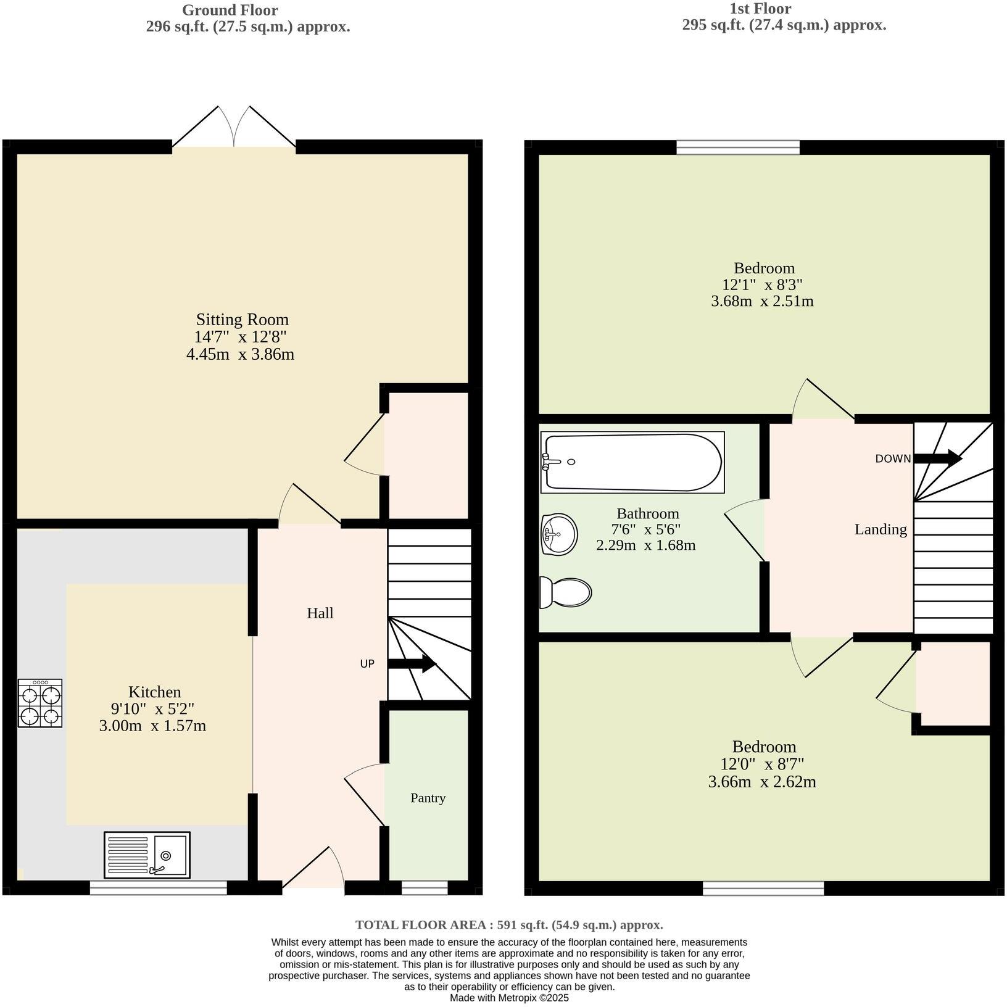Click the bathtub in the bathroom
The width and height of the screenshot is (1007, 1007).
coord(632,462)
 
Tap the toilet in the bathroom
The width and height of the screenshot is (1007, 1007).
coord(566,592)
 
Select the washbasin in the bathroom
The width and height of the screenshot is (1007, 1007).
coord(559,534)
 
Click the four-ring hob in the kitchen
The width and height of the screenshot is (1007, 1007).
coord(41,703)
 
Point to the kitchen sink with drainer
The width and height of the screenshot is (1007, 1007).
coord(147,855)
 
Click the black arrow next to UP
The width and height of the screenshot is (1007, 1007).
coord(412,664)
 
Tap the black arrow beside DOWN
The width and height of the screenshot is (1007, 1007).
coord(937,458)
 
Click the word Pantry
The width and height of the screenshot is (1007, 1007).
coord(428,798)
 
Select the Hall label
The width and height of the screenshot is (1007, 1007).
coord(320,613)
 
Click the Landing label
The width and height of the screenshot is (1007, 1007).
coord(881,529)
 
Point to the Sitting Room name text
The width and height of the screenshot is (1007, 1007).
coord(242,320)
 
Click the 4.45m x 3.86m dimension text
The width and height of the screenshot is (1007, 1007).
coord(240,354)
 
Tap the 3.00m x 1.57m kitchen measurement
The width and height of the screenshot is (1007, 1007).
coord(152,726)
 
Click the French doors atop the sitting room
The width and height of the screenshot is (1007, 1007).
coord(234,130)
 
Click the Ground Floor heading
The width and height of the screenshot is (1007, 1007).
coord(230,10)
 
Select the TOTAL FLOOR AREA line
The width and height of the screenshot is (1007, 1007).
coord(509,925)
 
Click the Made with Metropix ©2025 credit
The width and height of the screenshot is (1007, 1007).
coord(509,998)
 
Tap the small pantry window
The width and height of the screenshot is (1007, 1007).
coord(425,888)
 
